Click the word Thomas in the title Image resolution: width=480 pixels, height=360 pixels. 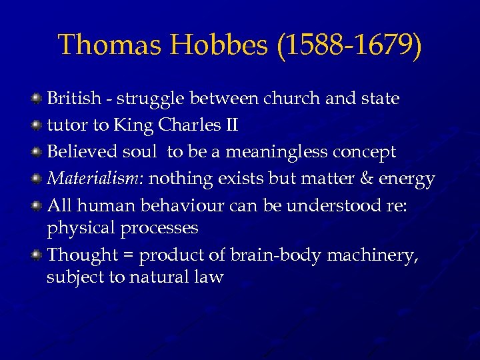click(x=99, y=45)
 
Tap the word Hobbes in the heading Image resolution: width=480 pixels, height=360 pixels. click(x=211, y=45)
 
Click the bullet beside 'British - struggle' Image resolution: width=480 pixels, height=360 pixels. click(x=38, y=99)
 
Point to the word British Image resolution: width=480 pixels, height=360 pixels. click(x=73, y=99)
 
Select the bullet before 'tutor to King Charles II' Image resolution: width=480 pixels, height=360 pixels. click(x=38, y=125)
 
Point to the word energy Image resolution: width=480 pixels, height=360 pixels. click(x=408, y=179)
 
